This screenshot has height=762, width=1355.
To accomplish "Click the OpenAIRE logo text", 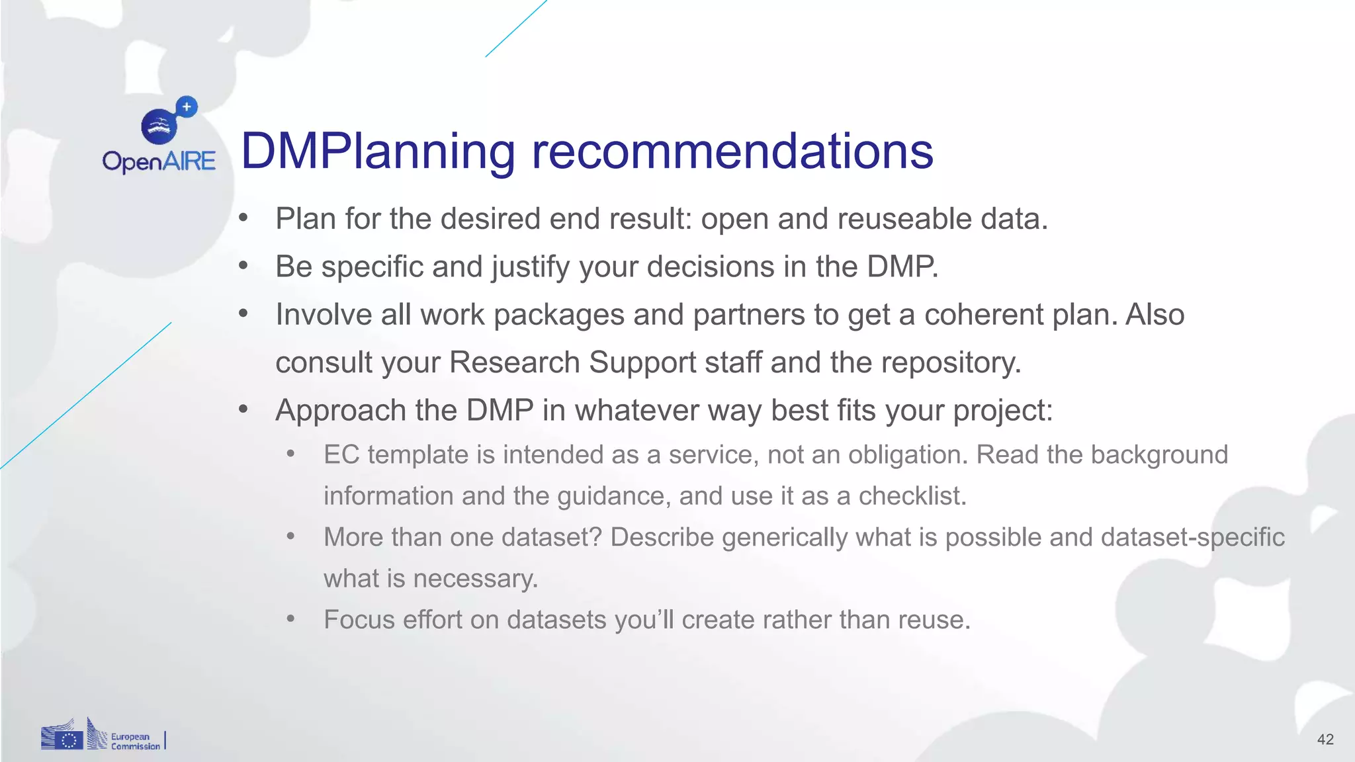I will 159,161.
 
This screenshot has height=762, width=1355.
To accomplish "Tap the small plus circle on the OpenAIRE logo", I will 187,106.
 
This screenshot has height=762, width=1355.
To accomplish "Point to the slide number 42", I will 1325,740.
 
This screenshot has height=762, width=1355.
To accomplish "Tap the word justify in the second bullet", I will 530,267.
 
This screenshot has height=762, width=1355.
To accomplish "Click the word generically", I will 784,538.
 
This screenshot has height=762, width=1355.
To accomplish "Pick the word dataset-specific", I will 1192,537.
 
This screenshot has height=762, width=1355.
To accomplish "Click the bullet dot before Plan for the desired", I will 243,218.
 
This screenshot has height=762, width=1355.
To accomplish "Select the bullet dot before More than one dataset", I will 290,536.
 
